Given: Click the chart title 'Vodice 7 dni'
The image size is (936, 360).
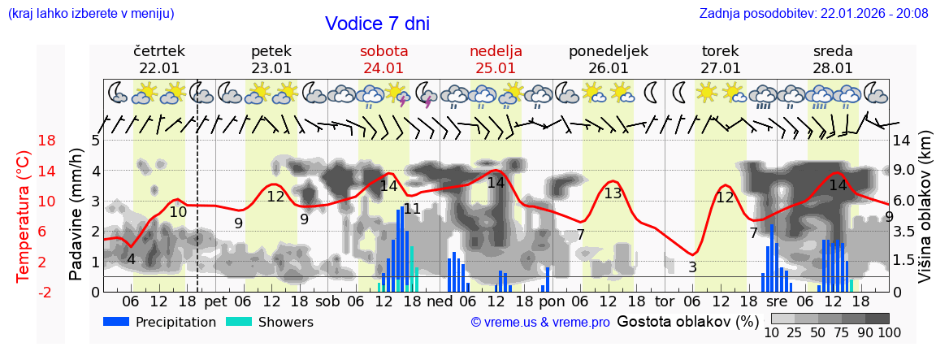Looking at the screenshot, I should (377, 24).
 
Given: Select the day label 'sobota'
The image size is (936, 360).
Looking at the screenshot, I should (383, 51).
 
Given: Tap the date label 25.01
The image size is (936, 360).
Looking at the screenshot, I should (496, 68).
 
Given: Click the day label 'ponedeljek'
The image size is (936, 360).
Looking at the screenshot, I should (608, 51).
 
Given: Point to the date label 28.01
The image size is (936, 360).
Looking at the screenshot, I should (833, 68).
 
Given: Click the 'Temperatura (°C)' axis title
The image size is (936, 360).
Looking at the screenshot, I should (24, 215).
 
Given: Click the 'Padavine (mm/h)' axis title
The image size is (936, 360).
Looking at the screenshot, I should (76, 214).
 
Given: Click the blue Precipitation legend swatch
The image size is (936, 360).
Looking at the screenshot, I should (116, 322).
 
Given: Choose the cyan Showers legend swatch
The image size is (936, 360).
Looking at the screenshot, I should (239, 322).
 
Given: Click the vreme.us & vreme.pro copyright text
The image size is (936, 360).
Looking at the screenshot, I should (540, 323).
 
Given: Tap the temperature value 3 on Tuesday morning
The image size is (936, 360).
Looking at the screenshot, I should (692, 267).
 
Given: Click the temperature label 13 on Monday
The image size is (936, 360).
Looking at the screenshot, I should (613, 193).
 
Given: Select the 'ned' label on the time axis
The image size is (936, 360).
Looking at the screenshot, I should (439, 301).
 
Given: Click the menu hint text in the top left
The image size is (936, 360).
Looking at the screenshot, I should (90, 13).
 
